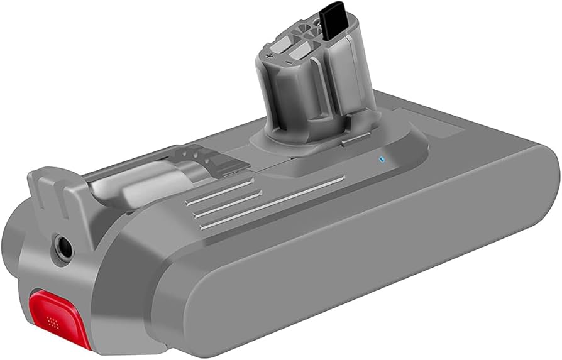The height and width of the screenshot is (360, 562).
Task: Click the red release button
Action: tap(54, 310)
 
